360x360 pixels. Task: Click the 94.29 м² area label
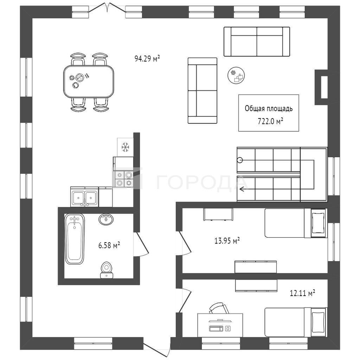(147, 59)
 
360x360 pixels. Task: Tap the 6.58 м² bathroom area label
(109, 245)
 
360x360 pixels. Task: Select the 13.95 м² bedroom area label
(227, 240)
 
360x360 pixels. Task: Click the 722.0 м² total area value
(270, 121)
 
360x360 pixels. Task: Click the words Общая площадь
(269, 108)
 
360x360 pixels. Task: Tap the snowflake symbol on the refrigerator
(126, 147)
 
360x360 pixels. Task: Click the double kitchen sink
(84, 197)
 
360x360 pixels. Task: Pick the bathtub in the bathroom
(75, 239)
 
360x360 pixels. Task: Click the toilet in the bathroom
(106, 270)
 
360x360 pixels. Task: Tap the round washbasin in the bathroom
(106, 219)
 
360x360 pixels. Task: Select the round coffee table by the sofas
(236, 76)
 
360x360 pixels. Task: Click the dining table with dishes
(89, 81)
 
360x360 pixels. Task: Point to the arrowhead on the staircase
(242, 189)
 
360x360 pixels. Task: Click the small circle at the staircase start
(240, 160)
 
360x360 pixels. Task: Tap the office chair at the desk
(219, 308)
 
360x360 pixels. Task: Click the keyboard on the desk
(216, 328)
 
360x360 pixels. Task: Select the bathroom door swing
(141, 244)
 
